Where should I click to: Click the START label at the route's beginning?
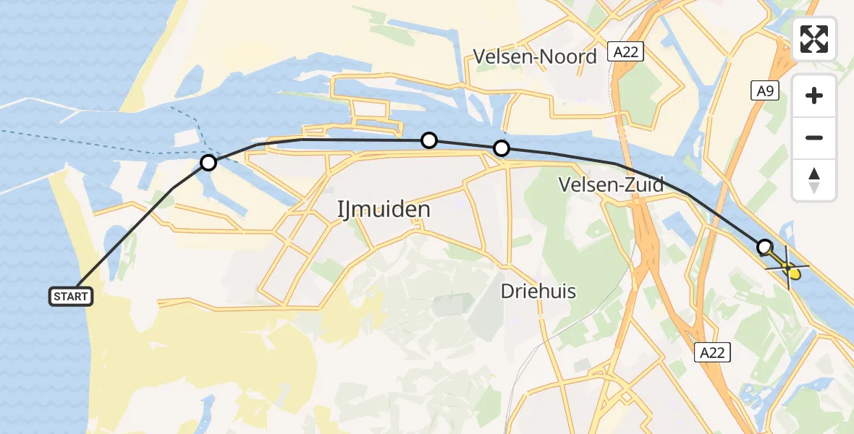[x=70, y=296]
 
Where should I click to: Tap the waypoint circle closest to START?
[x=208, y=163]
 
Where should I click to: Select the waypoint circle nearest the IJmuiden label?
[x=429, y=140]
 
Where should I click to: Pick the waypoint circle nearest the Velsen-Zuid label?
[x=502, y=149]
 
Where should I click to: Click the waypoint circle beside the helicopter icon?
[x=764, y=247]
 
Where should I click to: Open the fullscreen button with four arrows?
[x=814, y=39]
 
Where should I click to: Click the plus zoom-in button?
[x=814, y=95]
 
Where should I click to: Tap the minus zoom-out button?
[x=814, y=137]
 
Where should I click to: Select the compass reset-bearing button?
[x=814, y=179]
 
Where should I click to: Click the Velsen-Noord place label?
[x=535, y=56]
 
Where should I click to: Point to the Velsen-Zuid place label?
[x=611, y=185]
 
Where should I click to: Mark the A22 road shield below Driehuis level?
[x=712, y=352]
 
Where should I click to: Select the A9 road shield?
[x=764, y=90]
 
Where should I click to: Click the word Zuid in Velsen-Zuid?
[x=643, y=185]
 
